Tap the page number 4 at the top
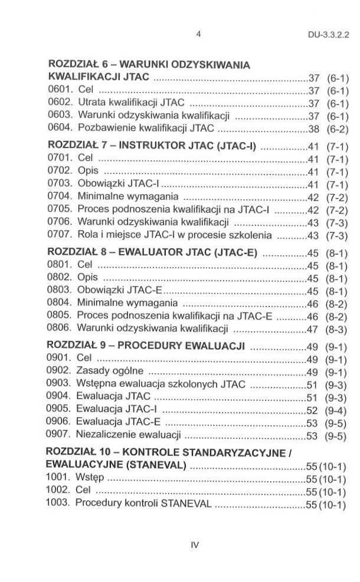199,34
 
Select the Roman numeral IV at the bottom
195,544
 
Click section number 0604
59,127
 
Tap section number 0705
59,210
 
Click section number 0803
59,291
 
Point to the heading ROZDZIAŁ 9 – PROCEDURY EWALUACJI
146,346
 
